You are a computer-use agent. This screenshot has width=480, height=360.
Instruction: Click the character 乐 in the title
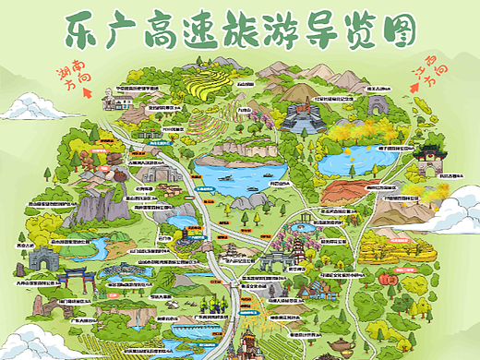[81, 32]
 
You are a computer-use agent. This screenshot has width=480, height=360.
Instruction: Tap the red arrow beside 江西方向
[414, 80]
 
